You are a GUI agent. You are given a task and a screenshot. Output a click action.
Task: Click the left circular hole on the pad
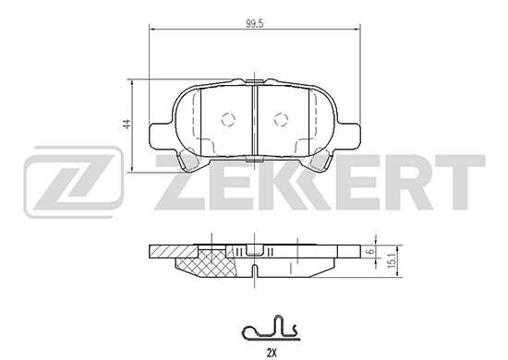229,118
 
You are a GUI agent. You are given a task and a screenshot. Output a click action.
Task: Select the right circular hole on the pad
281,118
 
